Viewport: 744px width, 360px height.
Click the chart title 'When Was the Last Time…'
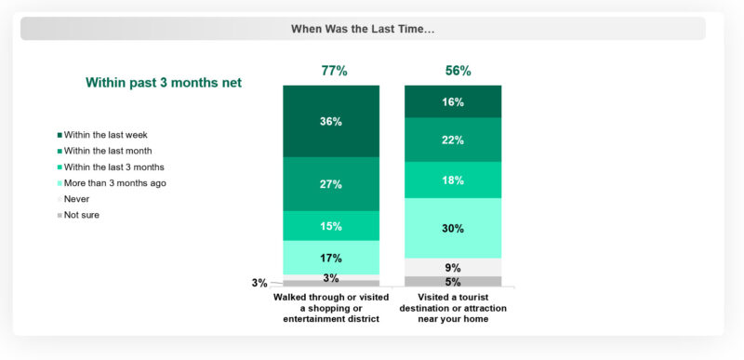(x=363, y=29)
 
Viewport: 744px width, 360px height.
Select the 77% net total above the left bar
(x=331, y=71)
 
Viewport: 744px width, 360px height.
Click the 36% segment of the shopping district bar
(x=331, y=122)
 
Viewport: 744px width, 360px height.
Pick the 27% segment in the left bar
(x=331, y=184)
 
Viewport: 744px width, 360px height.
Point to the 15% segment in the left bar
(x=331, y=226)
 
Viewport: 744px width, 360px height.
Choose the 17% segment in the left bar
(x=331, y=258)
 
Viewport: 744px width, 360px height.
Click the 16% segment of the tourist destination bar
(x=452, y=101)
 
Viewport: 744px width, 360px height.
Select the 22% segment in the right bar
(x=452, y=140)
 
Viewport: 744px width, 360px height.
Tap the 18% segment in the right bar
(x=452, y=180)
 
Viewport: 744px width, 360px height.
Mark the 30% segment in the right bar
(x=452, y=228)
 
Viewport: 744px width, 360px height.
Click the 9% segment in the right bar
(x=452, y=267)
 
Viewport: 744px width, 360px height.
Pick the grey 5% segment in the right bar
(x=452, y=282)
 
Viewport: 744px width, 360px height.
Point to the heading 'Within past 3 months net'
(x=164, y=83)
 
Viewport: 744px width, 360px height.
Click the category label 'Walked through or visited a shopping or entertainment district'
(x=331, y=307)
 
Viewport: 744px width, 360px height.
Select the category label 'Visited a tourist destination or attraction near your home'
(x=452, y=307)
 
